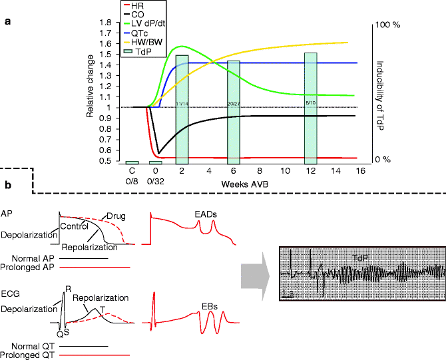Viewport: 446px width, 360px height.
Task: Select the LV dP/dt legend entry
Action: [x=142, y=24]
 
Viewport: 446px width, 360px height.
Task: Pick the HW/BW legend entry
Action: [x=141, y=43]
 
